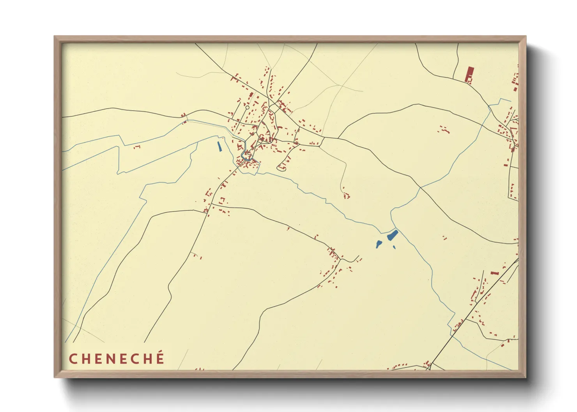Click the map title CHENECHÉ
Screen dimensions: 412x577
[117, 359]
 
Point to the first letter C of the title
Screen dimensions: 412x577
[73, 359]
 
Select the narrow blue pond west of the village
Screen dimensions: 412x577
[219, 146]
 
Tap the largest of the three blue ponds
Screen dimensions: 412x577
[392, 235]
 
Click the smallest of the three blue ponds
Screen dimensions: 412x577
[394, 247]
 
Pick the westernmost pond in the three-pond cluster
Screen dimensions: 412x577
[379, 244]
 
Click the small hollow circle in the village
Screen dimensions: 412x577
[247, 107]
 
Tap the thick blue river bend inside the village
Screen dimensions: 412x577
[245, 156]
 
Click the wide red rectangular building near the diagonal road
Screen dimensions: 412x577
[495, 273]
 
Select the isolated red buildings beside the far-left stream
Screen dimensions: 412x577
[136, 147]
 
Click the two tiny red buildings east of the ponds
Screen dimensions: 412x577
[444, 238]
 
